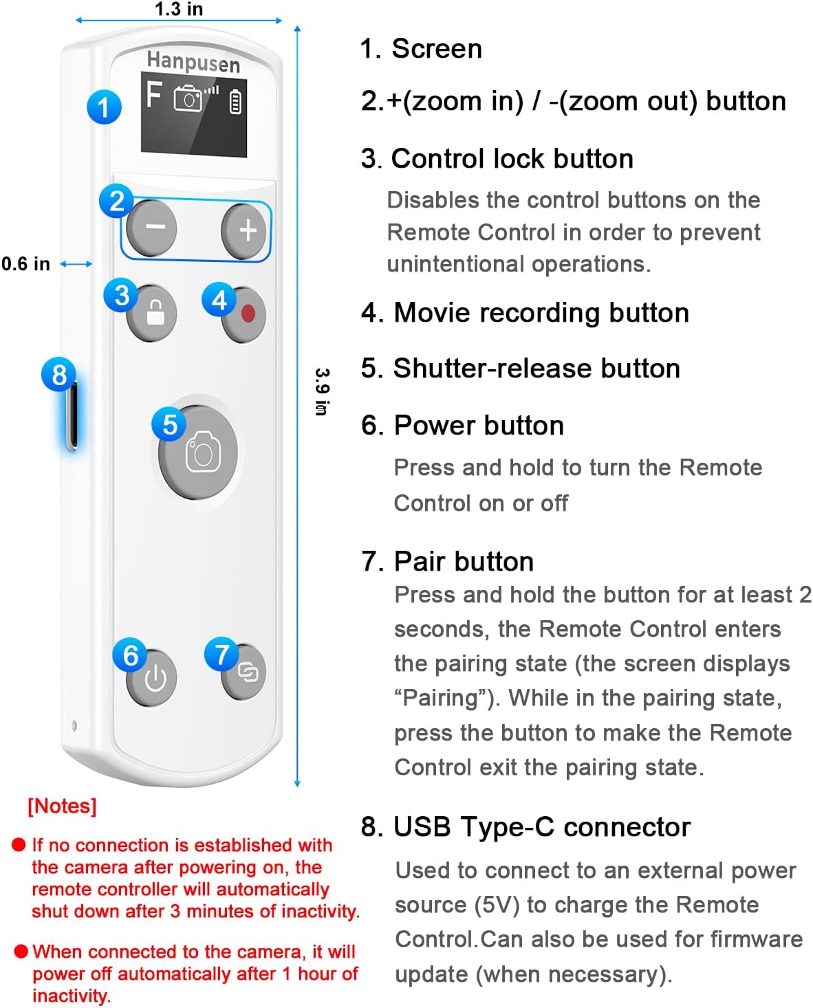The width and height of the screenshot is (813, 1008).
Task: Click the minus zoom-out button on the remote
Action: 153,228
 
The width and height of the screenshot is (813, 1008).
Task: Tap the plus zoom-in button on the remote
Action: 245,230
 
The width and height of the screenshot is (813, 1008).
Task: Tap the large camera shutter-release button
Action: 199,452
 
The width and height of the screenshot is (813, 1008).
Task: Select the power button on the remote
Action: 153,679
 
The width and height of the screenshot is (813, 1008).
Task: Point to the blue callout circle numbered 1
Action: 104,107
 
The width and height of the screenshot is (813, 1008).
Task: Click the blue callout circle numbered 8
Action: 58,375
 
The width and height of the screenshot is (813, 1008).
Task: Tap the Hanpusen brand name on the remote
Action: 193,62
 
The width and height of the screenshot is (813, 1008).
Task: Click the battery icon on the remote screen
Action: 235,101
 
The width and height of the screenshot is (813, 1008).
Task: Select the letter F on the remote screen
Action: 154,95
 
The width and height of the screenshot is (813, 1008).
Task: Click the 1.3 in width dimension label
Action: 178,9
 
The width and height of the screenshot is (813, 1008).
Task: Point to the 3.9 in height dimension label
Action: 321,391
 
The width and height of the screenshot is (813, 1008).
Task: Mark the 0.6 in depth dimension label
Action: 25,264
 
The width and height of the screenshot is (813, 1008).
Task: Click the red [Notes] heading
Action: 62,806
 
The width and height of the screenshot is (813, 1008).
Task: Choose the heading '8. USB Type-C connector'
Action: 525,827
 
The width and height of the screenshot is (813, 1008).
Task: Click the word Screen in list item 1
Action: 437,49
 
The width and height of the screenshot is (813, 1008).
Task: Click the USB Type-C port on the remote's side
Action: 72,416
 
